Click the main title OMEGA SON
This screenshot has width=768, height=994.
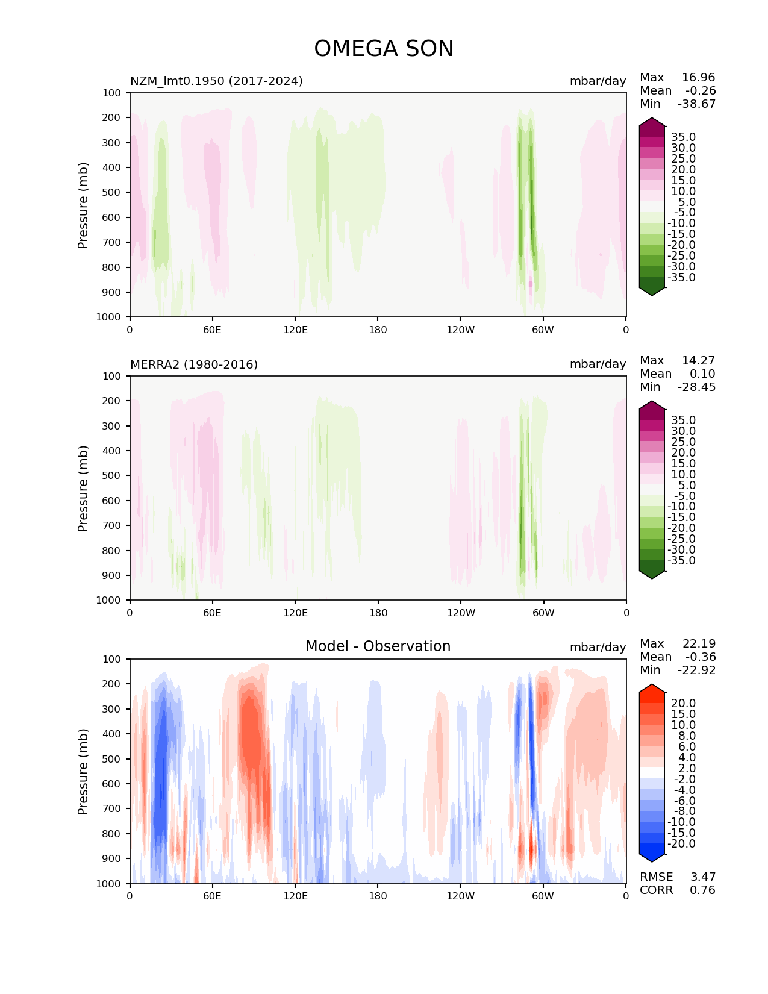pos(384,49)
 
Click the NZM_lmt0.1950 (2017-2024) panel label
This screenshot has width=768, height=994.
pos(216,81)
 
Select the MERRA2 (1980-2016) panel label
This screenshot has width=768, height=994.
pos(194,364)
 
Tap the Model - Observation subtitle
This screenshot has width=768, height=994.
pos(378,646)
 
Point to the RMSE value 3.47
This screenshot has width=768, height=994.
pos(702,877)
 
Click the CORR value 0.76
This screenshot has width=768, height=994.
pos(702,890)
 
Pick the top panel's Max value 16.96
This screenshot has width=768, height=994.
pos(698,77)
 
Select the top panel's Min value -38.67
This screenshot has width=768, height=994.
pos(696,104)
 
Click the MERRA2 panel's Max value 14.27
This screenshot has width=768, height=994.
pos(698,360)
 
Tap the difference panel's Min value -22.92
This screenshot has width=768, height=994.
pos(696,670)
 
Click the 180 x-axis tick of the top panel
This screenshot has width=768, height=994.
pos(378,330)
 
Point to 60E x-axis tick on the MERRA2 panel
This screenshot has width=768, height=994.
pos(212,613)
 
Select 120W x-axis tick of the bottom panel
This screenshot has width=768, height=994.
pos(460,896)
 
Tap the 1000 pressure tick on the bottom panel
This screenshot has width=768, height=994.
pos(108,883)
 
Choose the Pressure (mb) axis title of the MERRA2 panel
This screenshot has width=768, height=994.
pos(83,488)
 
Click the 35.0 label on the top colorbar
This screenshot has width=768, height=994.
pos(683,137)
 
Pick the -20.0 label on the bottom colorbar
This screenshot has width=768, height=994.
pos(681,843)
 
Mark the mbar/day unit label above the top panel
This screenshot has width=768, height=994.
pos(598,81)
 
